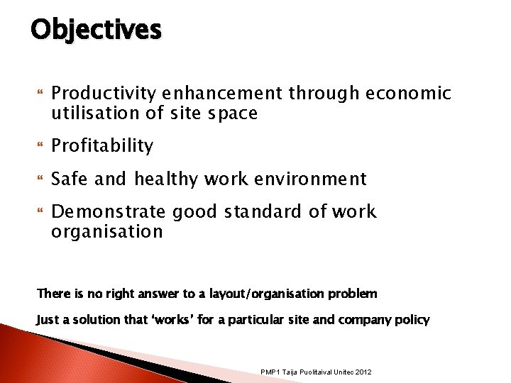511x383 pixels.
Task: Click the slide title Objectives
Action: coord(97,29)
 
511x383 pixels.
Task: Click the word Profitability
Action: coord(102,146)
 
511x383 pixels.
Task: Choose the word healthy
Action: coord(167,179)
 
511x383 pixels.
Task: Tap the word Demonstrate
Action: coord(109,212)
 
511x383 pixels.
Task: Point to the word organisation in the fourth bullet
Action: coord(107,232)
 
